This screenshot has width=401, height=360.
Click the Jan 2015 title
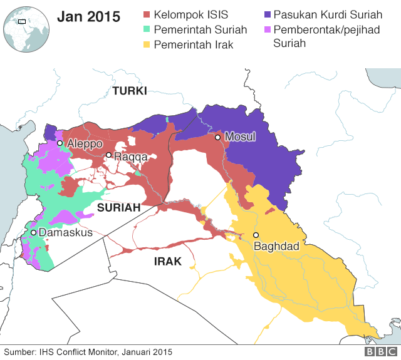[88, 17]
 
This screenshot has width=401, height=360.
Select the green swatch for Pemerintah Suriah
[148, 29]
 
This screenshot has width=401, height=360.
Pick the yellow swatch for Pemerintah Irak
[148, 44]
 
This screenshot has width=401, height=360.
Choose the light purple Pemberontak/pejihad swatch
[268, 29]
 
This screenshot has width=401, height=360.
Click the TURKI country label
[130, 91]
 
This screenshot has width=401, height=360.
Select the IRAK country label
[167, 262]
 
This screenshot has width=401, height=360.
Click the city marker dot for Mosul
[217, 137]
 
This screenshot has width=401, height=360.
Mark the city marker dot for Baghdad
[256, 235]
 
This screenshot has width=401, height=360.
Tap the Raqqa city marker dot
[108, 155]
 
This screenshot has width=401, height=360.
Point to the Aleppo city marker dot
[60, 143]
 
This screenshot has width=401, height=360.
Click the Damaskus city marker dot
[33, 233]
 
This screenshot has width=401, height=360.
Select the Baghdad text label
[276, 247]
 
